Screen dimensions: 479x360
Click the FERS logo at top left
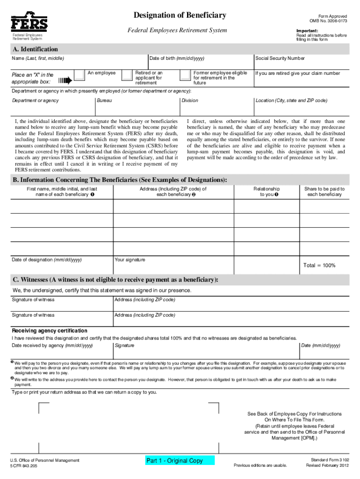pyautogui.click(x=29, y=22)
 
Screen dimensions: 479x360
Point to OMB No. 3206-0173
pyautogui.click(x=328, y=21)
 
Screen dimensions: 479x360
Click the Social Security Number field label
pyautogui.click(x=280, y=58)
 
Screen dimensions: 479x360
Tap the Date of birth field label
pyautogui.click(x=177, y=58)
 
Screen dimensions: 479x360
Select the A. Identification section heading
pyautogui.click(x=36, y=49)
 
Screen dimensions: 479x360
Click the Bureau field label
pyautogui.click(x=104, y=101)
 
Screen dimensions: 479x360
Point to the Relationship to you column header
pyautogui.click(x=266, y=192)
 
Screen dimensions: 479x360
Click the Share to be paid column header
pyautogui.click(x=324, y=192)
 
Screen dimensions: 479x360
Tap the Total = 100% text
pyautogui.click(x=319, y=265)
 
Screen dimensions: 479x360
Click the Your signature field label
pyautogui.click(x=130, y=260)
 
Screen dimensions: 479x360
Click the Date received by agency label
pyautogui.click(x=52, y=345)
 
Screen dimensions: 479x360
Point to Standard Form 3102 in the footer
pyautogui.click(x=326, y=460)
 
